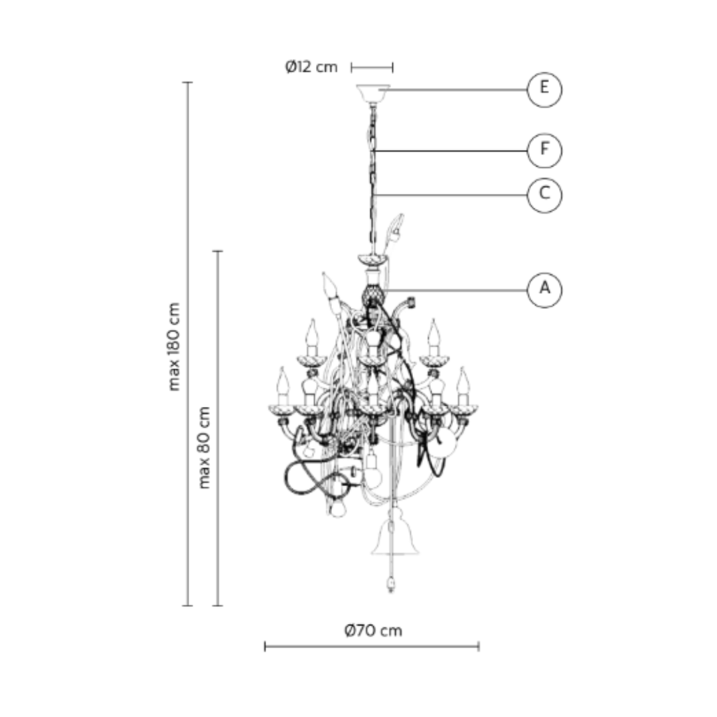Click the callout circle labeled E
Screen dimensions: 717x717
[x=544, y=88]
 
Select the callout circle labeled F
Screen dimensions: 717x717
[x=544, y=151]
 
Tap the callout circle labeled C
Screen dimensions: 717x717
[x=544, y=195]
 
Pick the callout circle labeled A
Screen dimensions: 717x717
[x=544, y=289]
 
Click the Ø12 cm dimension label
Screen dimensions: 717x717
[x=311, y=67]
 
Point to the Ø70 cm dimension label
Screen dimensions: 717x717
[x=373, y=630]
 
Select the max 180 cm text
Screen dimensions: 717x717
[x=174, y=347]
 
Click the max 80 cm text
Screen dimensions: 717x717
[x=204, y=447]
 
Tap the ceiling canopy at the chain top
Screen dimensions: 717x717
[x=372, y=92]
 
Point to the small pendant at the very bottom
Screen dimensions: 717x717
[x=390, y=585]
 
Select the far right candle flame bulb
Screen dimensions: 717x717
[x=463, y=383]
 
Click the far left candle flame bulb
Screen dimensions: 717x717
[x=283, y=382]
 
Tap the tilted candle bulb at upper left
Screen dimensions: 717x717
[x=328, y=287]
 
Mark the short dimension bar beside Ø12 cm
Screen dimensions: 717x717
[x=372, y=67]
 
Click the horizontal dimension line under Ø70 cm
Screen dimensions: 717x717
[x=372, y=646]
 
